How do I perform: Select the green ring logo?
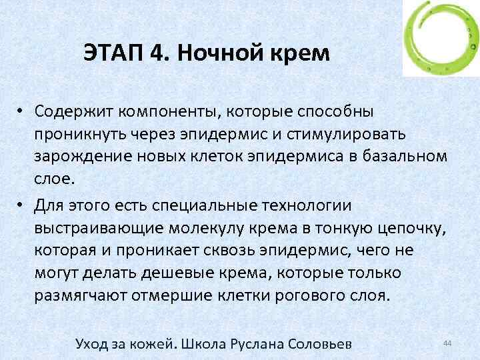[x=439, y=39]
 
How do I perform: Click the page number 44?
[x=447, y=343]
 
